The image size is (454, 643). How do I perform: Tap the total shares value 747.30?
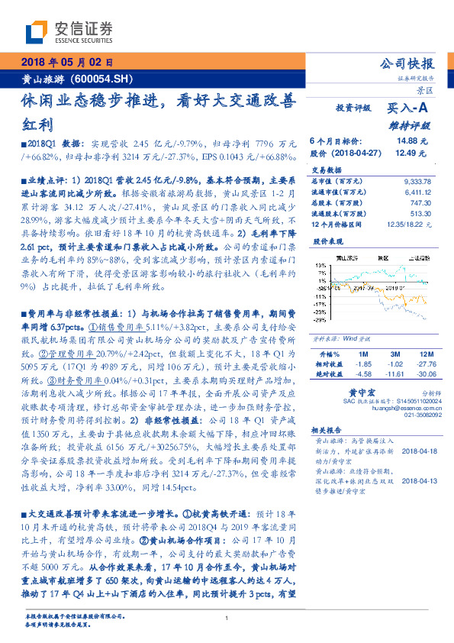pos(420,202)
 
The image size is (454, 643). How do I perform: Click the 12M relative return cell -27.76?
pos(418,365)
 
